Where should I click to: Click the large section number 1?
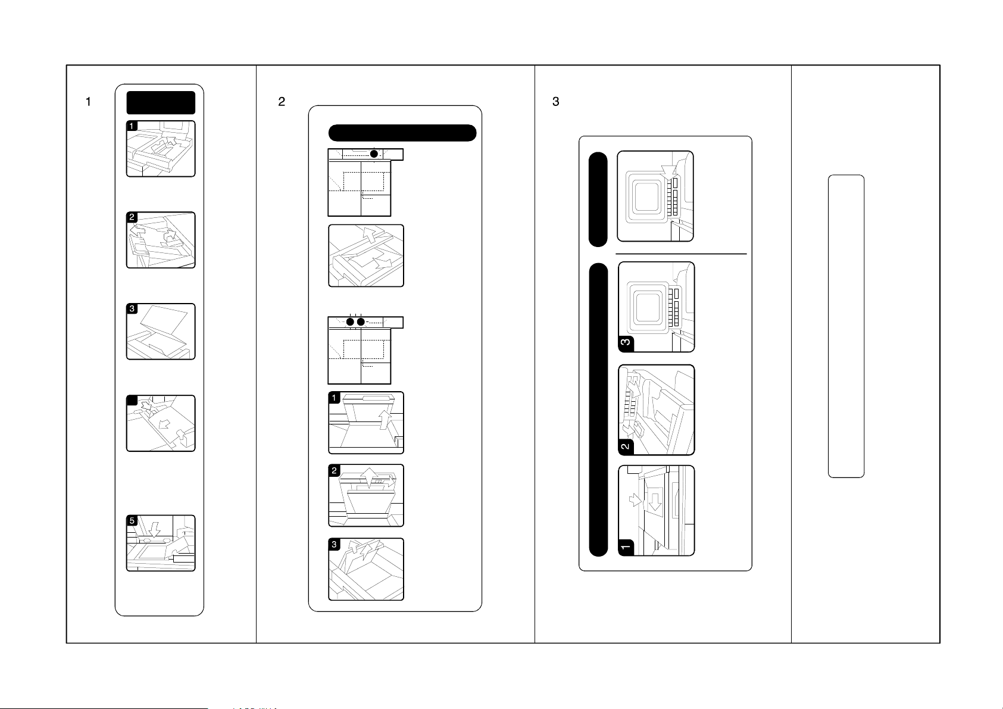pyautogui.click(x=89, y=102)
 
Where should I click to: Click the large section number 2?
pyautogui.click(x=282, y=102)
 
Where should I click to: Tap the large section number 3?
pyautogui.click(x=556, y=102)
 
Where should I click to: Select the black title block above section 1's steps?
pyautogui.click(x=161, y=102)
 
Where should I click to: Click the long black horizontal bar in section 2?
pyautogui.click(x=402, y=133)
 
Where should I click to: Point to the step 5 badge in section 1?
pyautogui.click(x=132, y=520)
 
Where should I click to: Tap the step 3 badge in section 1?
pyautogui.click(x=132, y=309)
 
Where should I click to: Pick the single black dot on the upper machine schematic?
pyautogui.click(x=374, y=154)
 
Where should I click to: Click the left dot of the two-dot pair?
pyautogui.click(x=351, y=322)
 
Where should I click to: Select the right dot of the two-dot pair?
pyautogui.click(x=361, y=322)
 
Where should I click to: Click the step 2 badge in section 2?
pyautogui.click(x=335, y=470)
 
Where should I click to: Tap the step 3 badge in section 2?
pyautogui.click(x=335, y=544)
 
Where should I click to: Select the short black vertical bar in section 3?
pyautogui.click(x=598, y=199)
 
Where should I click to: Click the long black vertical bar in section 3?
pyautogui.click(x=598, y=410)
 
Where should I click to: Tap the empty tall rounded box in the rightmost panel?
pyautogui.click(x=846, y=326)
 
